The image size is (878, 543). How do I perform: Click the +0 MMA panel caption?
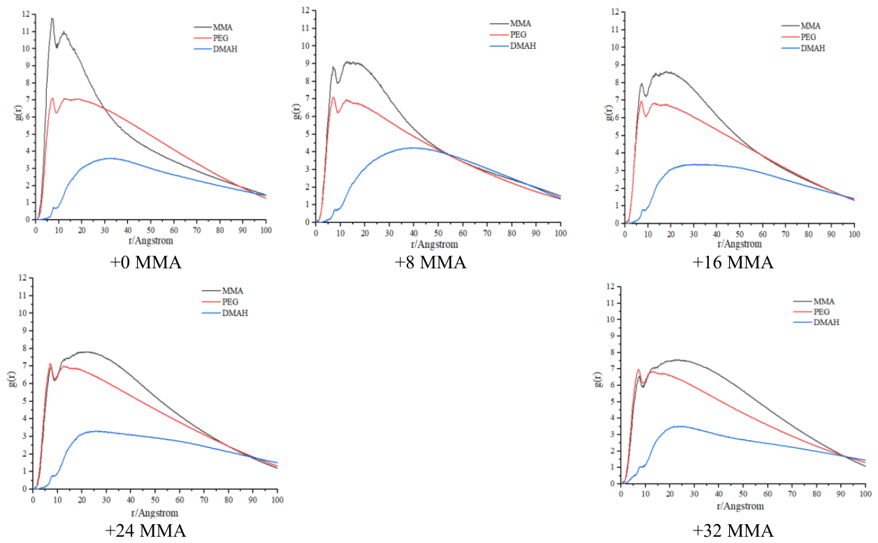pyautogui.click(x=146, y=263)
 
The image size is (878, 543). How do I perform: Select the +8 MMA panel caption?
pyautogui.click(x=431, y=263)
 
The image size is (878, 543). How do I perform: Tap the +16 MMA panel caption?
pyautogui.click(x=733, y=263)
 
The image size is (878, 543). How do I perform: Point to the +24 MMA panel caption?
pyautogui.click(x=145, y=530)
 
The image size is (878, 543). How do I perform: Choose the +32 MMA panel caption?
pyautogui.click(x=733, y=530)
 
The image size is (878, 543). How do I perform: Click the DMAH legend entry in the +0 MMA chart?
pyautogui.click(x=215, y=49)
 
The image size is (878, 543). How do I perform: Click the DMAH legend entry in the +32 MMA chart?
pyautogui.click(x=816, y=322)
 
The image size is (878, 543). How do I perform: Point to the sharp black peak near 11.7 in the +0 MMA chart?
pyautogui.click(x=52, y=18)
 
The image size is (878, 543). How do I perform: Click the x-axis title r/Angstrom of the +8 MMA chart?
pyautogui.click(x=434, y=245)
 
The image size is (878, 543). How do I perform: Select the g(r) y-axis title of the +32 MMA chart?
pyautogui.click(x=598, y=379)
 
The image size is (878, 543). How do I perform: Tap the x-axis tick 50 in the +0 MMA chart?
pyautogui.click(x=151, y=230)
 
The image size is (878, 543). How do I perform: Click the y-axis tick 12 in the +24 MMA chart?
pyautogui.click(x=22, y=277)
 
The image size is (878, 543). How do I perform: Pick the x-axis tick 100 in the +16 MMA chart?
pyautogui.click(x=854, y=234)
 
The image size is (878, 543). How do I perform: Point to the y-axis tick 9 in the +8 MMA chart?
pyautogui.click(x=308, y=64)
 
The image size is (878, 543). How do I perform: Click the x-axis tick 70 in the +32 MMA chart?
pyautogui.click(x=792, y=494)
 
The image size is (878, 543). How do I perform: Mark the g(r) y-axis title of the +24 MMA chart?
pyautogui.click(x=13, y=379)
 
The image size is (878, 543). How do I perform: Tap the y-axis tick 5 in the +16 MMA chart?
pyautogui.click(x=617, y=135)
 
